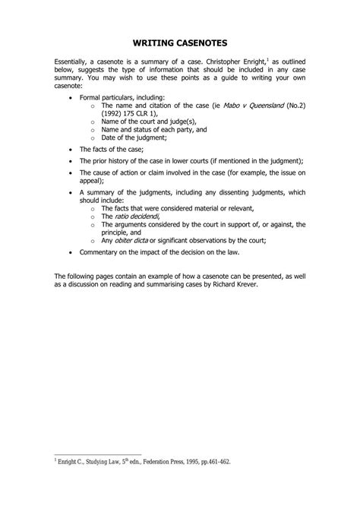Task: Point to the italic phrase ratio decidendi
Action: pyautogui.click(x=134, y=217)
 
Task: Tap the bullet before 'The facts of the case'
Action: pyautogui.click(x=71, y=150)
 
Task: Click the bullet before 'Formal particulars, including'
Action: pyautogui.click(x=71, y=99)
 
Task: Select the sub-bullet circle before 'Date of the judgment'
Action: pyautogui.click(x=92, y=137)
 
